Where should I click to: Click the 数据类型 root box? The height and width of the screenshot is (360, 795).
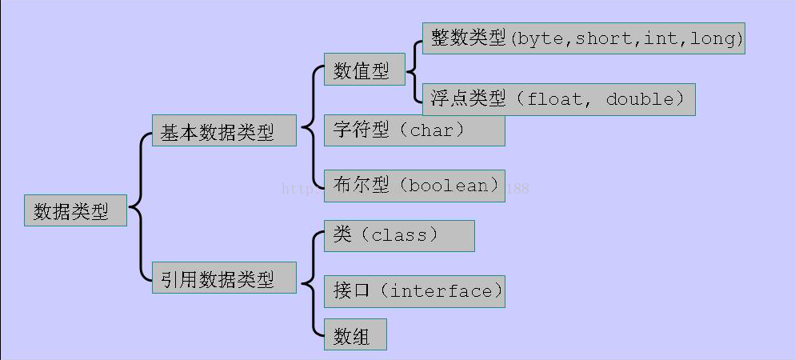(75, 210)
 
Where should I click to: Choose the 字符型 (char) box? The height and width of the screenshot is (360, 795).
(413, 130)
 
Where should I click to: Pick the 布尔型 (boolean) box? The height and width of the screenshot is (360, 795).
(413, 186)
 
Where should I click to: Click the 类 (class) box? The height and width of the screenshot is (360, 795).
(398, 236)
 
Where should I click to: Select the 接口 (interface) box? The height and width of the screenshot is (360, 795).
(413, 291)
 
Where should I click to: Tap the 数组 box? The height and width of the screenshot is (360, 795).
(355, 335)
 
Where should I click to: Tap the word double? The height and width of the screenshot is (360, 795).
(640, 99)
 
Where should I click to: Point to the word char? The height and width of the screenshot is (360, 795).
(435, 130)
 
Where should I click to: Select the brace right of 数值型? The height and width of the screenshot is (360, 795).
(413, 70)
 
